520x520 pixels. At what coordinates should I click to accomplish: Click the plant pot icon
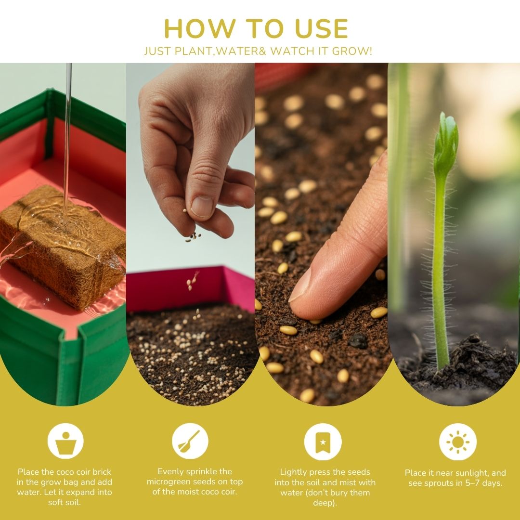click(x=65, y=441)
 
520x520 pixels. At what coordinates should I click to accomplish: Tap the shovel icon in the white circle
click(x=190, y=441)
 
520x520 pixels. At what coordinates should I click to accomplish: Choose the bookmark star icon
click(x=323, y=442)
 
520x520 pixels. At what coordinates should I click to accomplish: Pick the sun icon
click(x=458, y=442)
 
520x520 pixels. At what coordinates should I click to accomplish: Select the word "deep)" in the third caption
click(x=325, y=503)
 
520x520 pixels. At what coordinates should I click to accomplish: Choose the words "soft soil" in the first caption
click(x=64, y=502)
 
